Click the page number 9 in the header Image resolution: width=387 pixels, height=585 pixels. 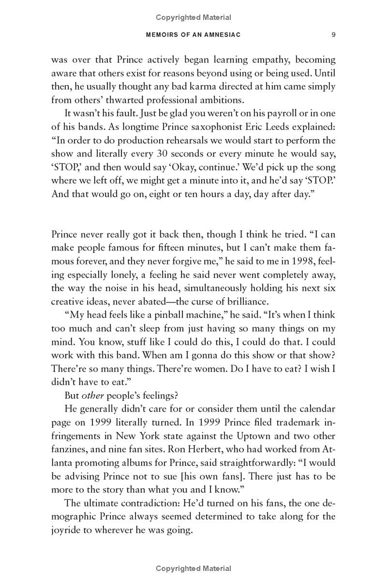pos(334,35)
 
